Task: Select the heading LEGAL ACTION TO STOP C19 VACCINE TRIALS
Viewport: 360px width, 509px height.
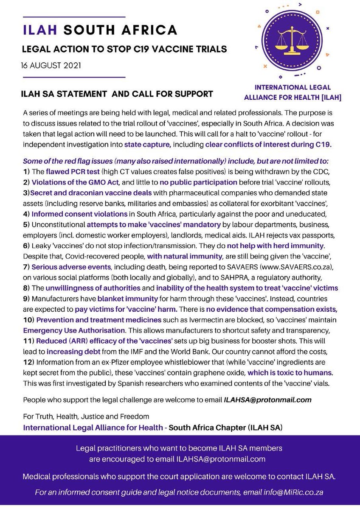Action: (124, 50)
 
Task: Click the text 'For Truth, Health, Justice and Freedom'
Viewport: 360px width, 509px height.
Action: (86, 417)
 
